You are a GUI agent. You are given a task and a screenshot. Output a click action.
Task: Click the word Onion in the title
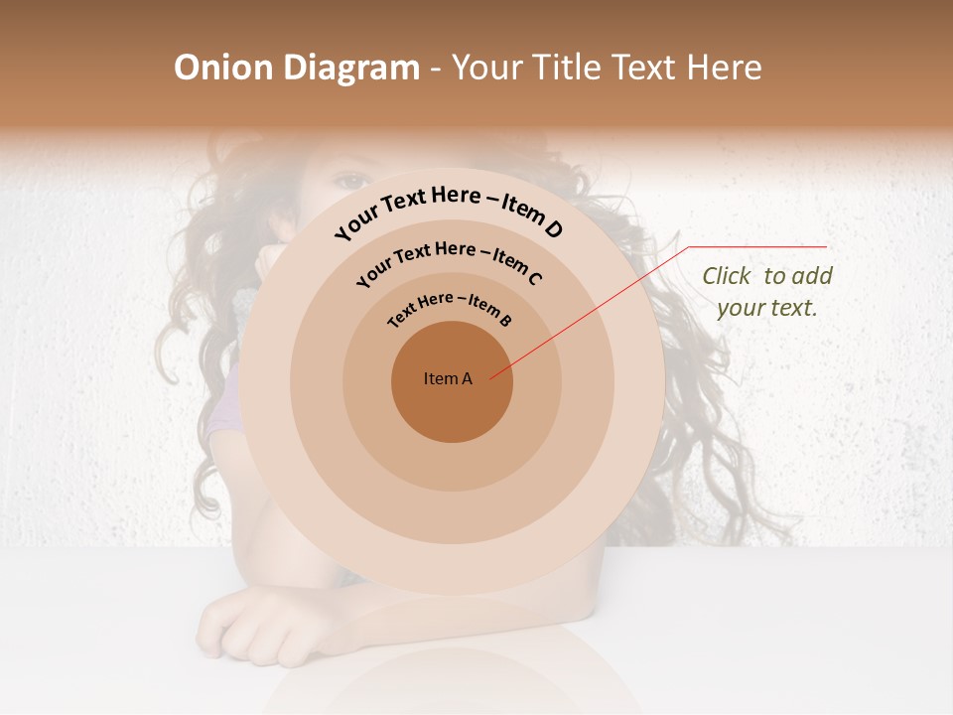click(224, 68)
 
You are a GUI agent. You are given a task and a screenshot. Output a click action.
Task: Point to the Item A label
click(448, 378)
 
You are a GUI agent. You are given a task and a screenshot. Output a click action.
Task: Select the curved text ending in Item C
click(449, 261)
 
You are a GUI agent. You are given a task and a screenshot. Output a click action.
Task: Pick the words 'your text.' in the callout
click(766, 308)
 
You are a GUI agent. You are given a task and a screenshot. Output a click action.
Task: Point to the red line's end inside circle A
click(491, 377)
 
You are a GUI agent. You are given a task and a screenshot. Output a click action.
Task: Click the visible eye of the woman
click(349, 182)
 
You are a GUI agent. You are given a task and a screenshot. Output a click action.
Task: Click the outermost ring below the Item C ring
click(452, 569)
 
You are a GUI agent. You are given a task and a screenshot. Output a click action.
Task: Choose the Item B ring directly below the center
click(452, 468)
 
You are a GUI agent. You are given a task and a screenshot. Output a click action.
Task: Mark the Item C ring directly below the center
click(452, 518)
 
